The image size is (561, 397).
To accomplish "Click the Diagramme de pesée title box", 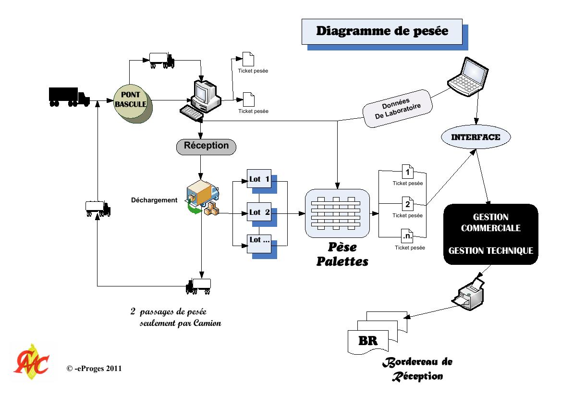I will click(x=382, y=32).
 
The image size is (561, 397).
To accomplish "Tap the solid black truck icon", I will click(x=69, y=97).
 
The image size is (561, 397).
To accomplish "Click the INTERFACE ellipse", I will click(x=476, y=137).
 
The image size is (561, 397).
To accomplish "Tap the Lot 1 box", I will click(x=259, y=180).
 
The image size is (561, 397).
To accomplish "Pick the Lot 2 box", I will click(x=259, y=212).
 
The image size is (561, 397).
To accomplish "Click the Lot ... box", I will click(x=259, y=243).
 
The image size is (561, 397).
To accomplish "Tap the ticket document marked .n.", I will click(x=407, y=236).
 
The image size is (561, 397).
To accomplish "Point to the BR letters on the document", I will click(x=368, y=341).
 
